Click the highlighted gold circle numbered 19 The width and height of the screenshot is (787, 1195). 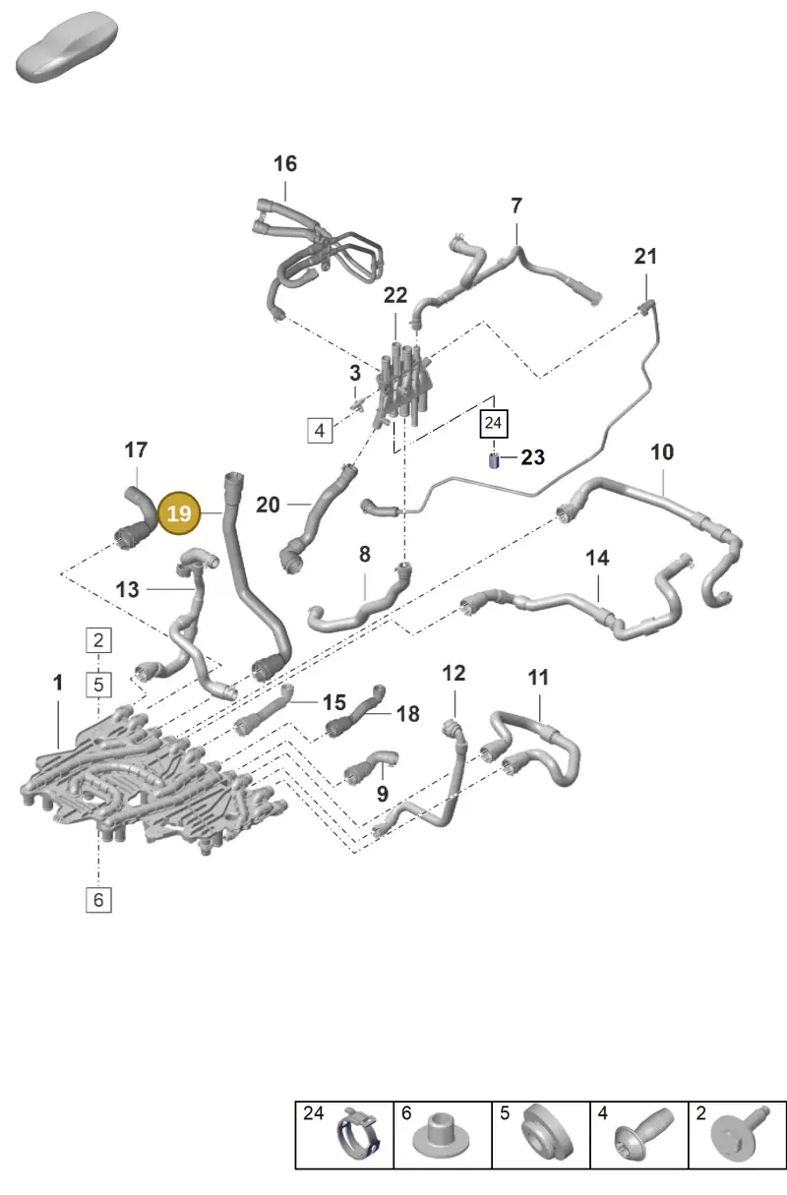pyautogui.click(x=179, y=513)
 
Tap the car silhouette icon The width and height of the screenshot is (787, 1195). pyautogui.click(x=67, y=47)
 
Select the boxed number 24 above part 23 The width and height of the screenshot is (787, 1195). pyautogui.click(x=494, y=423)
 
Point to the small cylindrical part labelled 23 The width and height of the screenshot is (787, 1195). pyautogui.click(x=494, y=460)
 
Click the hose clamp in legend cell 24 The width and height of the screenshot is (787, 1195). pyautogui.click(x=358, y=1140)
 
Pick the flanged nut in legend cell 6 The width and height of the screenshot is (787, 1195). pyautogui.click(x=441, y=1143)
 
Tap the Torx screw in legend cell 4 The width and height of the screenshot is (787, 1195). pyautogui.click(x=644, y=1139)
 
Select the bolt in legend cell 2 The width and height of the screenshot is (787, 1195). pyautogui.click(x=741, y=1140)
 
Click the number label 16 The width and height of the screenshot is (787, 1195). pyautogui.click(x=285, y=164)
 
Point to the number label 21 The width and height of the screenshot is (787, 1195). pyautogui.click(x=645, y=257)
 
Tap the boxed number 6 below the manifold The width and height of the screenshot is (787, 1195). pyautogui.click(x=98, y=900)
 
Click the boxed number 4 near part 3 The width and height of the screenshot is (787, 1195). pyautogui.click(x=320, y=430)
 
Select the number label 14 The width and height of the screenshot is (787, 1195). pyautogui.click(x=597, y=559)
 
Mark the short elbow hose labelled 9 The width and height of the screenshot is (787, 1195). pyautogui.click(x=370, y=769)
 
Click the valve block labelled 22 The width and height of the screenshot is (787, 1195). pyautogui.click(x=404, y=389)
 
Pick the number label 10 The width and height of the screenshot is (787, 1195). pyautogui.click(x=662, y=452)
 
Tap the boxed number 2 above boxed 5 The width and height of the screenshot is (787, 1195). pyautogui.click(x=98, y=640)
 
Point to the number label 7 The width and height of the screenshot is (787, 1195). pyautogui.click(x=515, y=206)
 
